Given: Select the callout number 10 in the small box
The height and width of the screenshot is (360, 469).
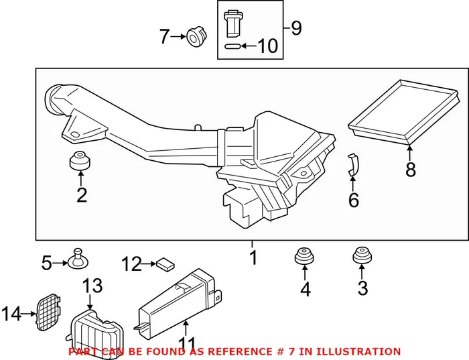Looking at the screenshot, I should [x=267, y=46].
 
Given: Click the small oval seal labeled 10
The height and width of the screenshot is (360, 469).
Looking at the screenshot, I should [x=232, y=46].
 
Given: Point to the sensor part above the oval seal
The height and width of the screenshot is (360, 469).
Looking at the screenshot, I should [x=232, y=24].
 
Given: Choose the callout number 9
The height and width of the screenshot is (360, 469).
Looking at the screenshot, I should [x=296, y=28].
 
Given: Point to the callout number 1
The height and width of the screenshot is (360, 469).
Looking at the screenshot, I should [x=253, y=257].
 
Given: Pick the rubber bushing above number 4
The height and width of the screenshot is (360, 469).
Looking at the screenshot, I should [x=305, y=257].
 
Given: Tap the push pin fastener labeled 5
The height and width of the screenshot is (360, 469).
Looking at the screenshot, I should [x=78, y=257].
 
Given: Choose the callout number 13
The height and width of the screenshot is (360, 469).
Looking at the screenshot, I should [x=92, y=286].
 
